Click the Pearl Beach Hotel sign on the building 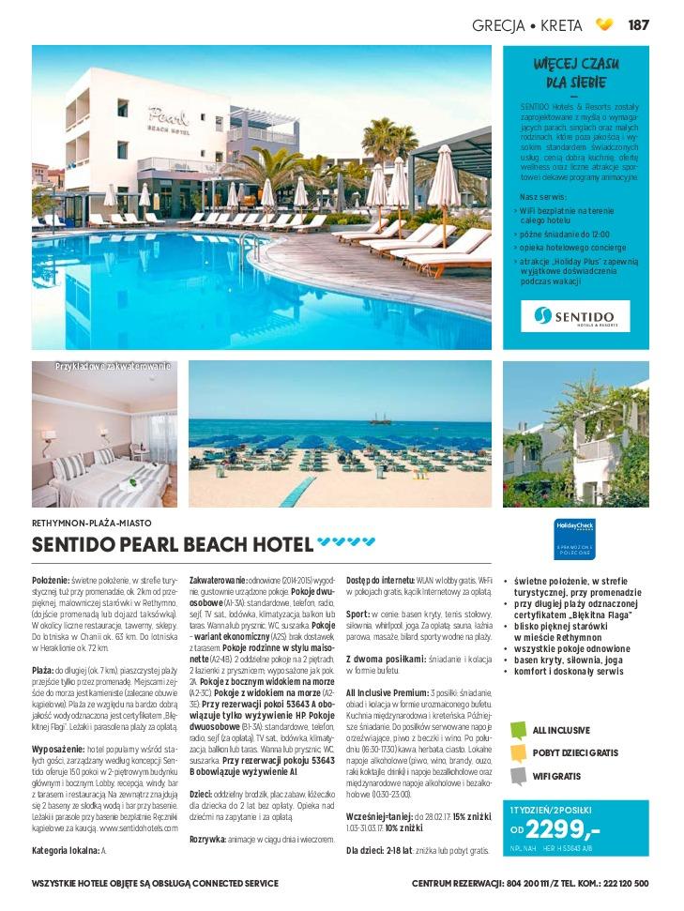[x=168, y=118]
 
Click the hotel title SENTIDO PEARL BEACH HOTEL [x=173, y=545]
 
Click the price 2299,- [x=563, y=828]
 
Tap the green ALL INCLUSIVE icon [x=518, y=730]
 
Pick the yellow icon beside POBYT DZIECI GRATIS [x=518, y=752]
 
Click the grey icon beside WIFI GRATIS [x=518, y=776]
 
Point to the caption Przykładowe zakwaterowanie [x=113, y=367]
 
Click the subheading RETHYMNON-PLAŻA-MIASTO [x=91, y=523]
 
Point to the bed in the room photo [x=108, y=479]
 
